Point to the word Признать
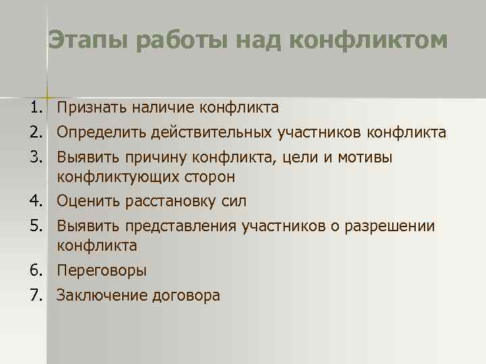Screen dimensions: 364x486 91,108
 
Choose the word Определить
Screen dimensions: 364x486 97,133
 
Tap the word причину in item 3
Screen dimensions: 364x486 155,158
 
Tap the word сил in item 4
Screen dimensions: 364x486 233,201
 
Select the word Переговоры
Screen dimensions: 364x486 101,270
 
